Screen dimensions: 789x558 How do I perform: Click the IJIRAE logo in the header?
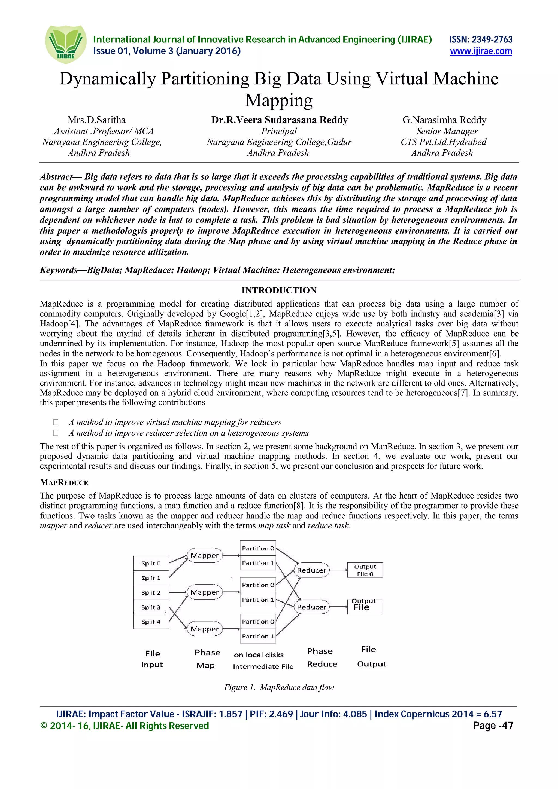66,44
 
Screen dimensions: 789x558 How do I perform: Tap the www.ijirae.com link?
481,51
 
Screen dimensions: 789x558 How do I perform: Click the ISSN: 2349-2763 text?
481,39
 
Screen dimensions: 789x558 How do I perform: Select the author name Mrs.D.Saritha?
97,120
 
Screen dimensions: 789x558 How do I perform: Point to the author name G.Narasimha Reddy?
444,120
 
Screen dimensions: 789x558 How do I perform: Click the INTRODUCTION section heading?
279,290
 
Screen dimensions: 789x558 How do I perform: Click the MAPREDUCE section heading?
64,482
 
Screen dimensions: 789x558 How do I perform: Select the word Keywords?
59,270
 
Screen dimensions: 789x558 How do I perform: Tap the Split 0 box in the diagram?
151,564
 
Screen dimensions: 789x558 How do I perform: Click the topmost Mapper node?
205,556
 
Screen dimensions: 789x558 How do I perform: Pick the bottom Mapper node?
205,629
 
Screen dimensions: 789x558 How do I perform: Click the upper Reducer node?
311,570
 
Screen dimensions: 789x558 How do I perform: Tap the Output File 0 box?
365,570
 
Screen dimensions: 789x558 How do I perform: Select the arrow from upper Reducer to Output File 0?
338,570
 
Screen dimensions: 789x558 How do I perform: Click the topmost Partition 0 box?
258,548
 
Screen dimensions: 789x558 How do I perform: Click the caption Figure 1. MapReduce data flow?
279,687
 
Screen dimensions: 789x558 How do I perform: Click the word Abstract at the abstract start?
56,177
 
